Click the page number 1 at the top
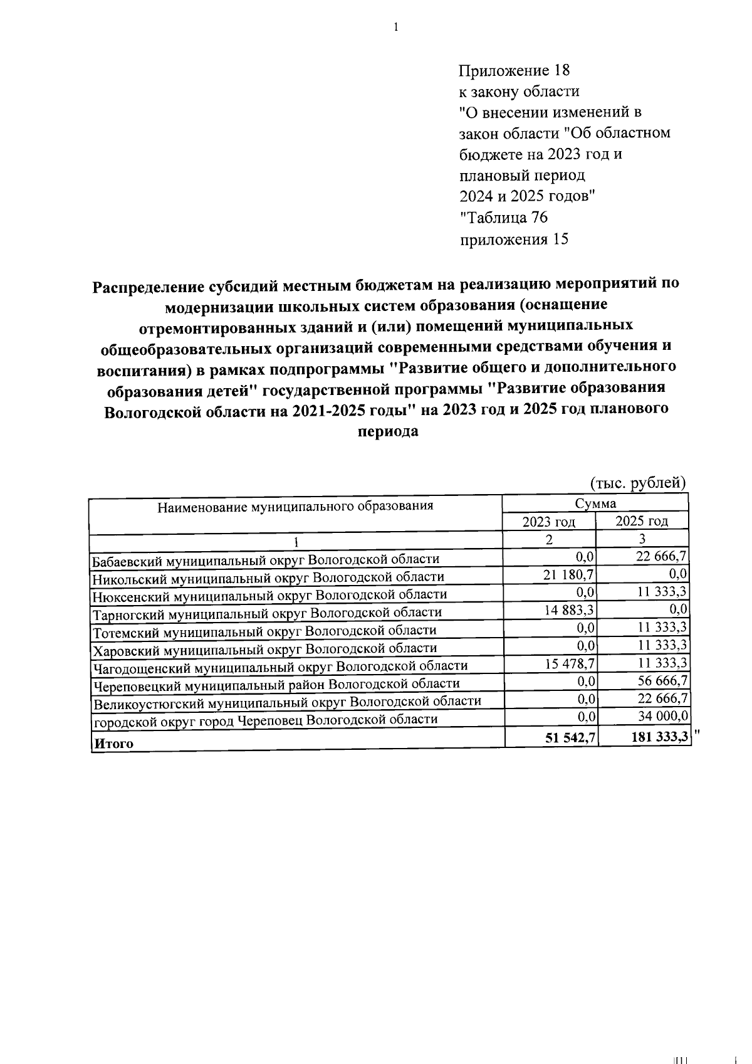pos(395,27)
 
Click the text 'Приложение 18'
pos(514,70)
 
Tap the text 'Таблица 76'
pos(506,218)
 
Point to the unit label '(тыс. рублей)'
pos(639,483)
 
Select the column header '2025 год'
pos(641,521)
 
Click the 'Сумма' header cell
pos(595,503)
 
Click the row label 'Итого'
pos(113,744)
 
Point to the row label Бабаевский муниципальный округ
pos(266,559)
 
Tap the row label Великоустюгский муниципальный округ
pos(287,702)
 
